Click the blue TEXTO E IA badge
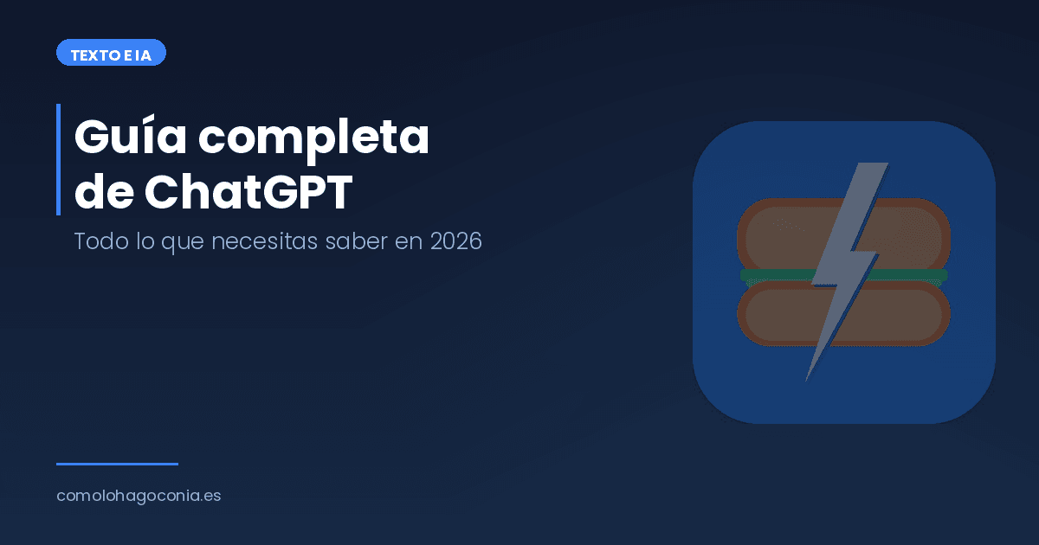click(x=111, y=54)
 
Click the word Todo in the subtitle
click(x=95, y=241)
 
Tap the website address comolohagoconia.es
click(x=139, y=497)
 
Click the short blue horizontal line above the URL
click(x=117, y=464)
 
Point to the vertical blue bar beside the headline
click(x=58, y=159)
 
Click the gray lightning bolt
click(x=844, y=260)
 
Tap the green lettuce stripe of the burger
click(x=771, y=275)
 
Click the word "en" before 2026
click(x=407, y=241)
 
